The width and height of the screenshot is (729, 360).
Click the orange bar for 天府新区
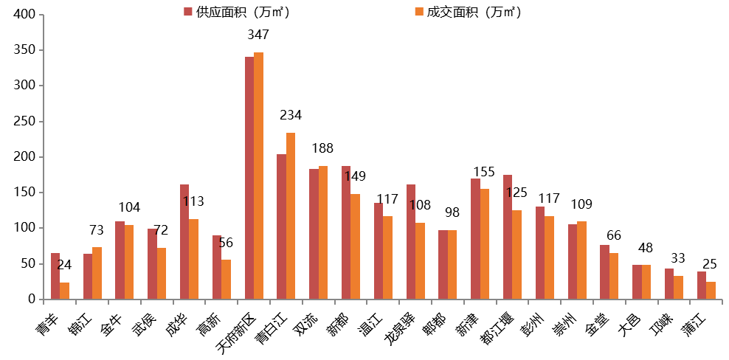click(x=258, y=176)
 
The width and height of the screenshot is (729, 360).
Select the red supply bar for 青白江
click(x=281, y=226)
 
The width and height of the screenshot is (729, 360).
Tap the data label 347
click(x=258, y=35)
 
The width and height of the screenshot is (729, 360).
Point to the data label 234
click(x=291, y=115)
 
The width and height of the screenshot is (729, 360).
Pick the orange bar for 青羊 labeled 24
click(x=64, y=291)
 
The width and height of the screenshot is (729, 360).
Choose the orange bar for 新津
click(x=485, y=243)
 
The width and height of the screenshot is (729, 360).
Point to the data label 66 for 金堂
click(x=614, y=235)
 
